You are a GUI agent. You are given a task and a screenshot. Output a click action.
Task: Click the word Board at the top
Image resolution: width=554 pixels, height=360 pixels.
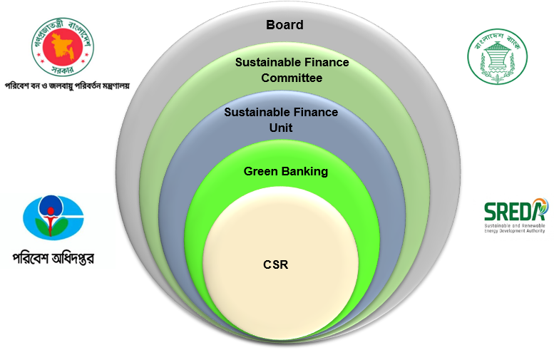tap(284, 25)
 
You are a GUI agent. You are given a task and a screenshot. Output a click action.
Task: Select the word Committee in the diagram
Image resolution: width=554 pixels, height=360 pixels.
tap(292, 78)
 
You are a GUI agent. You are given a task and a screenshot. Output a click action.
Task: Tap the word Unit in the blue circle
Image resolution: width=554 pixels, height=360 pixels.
tap(281, 128)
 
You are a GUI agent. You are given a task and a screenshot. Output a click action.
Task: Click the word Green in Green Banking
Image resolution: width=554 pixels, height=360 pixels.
tap(260, 171)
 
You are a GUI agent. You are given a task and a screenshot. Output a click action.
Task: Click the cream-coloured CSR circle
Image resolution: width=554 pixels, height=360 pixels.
tap(280, 285)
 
